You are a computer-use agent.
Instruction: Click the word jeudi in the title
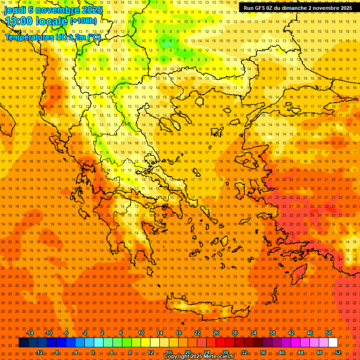pyautogui.click(x=14, y=9)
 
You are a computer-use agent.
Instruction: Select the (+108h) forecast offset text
pyautogui.click(x=83, y=21)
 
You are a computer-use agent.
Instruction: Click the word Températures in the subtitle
pyautogui.click(x=28, y=37)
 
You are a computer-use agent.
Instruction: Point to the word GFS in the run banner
pyautogui.click(x=260, y=8)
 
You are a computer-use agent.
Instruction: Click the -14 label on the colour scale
pyautogui.click(x=30, y=333)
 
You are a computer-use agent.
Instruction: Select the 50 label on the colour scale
pyautogui.click(x=329, y=333)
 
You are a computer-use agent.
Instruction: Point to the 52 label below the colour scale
pyautogui.click(x=338, y=352)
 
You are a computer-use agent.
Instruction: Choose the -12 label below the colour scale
pyautogui.click(x=39, y=352)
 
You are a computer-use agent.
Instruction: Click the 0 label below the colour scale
pyautogui.click(x=93, y=352)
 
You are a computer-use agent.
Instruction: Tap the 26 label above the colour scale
pyautogui.click(x=216, y=333)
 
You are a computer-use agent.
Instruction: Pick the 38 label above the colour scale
pyautogui.click(x=272, y=333)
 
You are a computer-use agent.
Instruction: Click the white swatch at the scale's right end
pyautogui.click(x=333, y=343)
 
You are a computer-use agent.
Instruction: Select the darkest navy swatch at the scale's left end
pyautogui.click(x=24, y=343)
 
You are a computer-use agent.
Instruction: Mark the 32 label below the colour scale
pyautogui.click(x=244, y=352)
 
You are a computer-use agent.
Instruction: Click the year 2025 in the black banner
pyautogui.click(x=343, y=8)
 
